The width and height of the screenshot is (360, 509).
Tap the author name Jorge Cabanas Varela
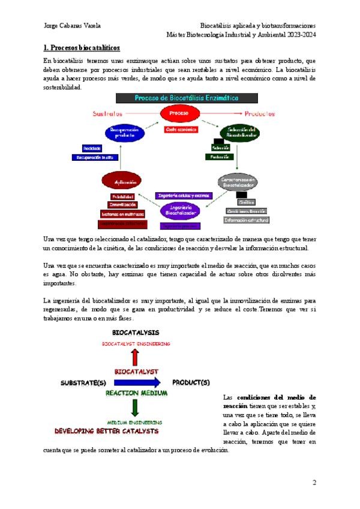[73, 25]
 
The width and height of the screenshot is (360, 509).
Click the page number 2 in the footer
[314, 482]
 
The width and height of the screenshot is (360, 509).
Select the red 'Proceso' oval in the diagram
[179, 113]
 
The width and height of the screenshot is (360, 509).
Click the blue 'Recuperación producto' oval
[125, 133]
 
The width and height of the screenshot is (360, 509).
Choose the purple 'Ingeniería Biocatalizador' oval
[180, 209]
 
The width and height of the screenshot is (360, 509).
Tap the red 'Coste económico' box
[179, 128]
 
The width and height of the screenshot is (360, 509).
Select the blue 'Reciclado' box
[92, 148]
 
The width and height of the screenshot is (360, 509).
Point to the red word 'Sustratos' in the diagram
[108, 113]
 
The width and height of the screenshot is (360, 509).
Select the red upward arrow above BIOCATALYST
[136, 358]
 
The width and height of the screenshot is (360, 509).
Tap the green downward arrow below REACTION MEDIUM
[136, 408]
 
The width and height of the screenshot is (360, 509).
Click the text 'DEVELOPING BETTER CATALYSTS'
[107, 431]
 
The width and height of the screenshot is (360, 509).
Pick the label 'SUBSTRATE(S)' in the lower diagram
[84, 382]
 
